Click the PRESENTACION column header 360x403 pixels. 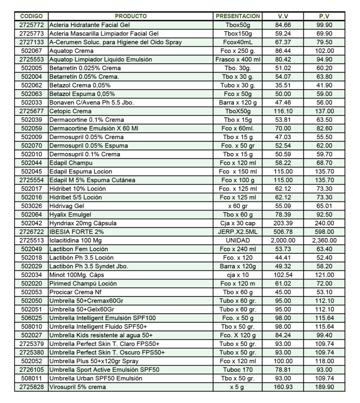[x=238, y=16]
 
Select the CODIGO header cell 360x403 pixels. [x=31, y=16]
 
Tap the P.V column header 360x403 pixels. [x=324, y=16]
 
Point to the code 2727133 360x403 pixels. [x=31, y=42]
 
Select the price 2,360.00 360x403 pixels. [x=324, y=240]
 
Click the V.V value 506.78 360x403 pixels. [x=283, y=232]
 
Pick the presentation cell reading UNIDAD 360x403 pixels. [x=238, y=240]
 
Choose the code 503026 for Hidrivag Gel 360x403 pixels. [x=31, y=206]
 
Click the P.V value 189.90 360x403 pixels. [x=324, y=387]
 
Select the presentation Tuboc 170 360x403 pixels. [x=238, y=370]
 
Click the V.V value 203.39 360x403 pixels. [x=283, y=223]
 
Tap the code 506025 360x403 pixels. [x=31, y=318]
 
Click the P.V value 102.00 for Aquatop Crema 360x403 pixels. [x=324, y=51]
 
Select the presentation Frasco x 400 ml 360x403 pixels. [x=238, y=59]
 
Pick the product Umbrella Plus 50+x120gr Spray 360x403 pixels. [x=94, y=361]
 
